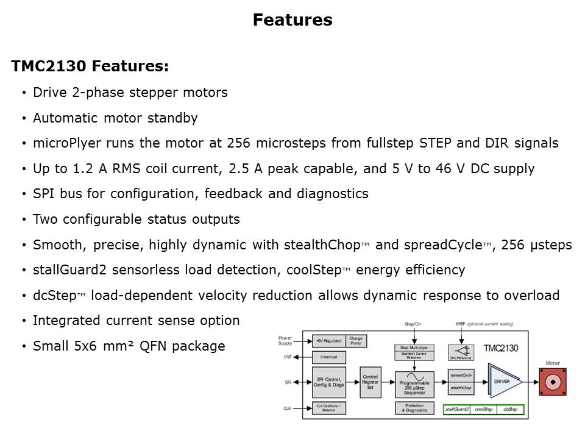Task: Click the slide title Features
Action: [292, 20]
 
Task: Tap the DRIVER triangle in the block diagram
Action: [503, 381]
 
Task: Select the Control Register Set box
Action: [370, 382]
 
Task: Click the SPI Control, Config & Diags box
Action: [329, 382]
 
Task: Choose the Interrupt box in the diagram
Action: [329, 356]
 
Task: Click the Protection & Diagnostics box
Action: [414, 408]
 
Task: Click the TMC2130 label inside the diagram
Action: [501, 349]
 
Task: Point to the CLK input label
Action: [287, 408]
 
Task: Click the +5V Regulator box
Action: [329, 340]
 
